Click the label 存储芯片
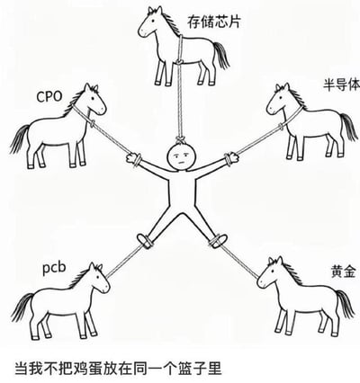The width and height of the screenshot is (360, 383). coord(214,22)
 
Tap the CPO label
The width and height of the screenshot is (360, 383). coord(49,97)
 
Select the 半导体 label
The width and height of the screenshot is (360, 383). coord(341,84)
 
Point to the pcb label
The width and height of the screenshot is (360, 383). coord(54,267)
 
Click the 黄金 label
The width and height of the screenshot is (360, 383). coord(344,272)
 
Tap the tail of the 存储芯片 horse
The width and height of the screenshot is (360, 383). coord(221,55)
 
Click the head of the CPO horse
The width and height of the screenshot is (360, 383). coord(94,100)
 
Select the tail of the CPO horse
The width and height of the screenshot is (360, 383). coord(19,138)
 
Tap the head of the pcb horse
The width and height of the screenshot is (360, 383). coord(97,278)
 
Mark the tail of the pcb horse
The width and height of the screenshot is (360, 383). coord(22,307)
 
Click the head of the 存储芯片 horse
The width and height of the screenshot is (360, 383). coord(151,22)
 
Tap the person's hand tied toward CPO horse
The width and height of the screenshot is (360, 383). coord(132,158)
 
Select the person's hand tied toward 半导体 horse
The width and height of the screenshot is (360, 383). coord(232,158)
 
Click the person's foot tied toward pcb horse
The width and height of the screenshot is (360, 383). coord(144,240)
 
